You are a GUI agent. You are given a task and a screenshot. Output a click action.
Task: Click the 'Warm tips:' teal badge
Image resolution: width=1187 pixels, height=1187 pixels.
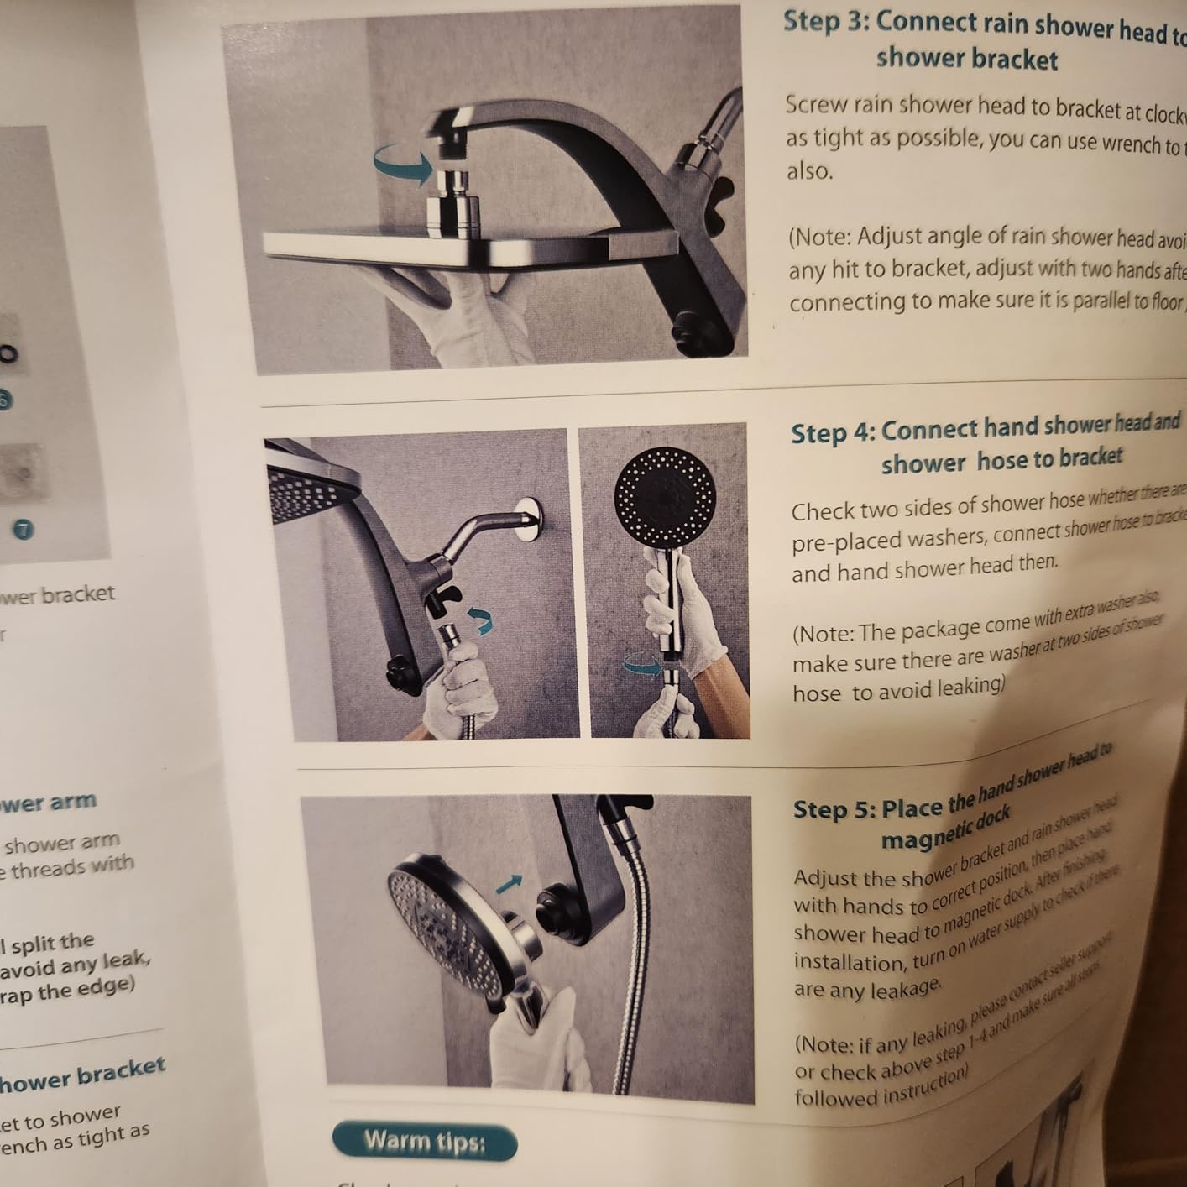pos(425,1142)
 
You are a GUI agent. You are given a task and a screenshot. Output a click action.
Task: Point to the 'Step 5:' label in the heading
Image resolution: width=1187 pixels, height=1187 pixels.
pos(834,809)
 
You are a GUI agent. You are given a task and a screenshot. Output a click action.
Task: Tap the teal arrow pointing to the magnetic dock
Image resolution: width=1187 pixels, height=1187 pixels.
pos(508,882)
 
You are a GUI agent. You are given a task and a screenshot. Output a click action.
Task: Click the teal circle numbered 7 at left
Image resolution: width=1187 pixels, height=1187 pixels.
pos(24,529)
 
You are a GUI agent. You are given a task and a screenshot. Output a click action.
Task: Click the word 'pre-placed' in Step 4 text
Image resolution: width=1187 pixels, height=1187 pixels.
pos(845,542)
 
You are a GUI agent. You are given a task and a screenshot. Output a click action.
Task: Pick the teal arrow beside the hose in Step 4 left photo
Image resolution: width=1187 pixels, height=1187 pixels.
pos(480,622)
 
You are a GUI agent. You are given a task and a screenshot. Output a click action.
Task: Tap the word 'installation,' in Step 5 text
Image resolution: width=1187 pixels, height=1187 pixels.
pos(849,961)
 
